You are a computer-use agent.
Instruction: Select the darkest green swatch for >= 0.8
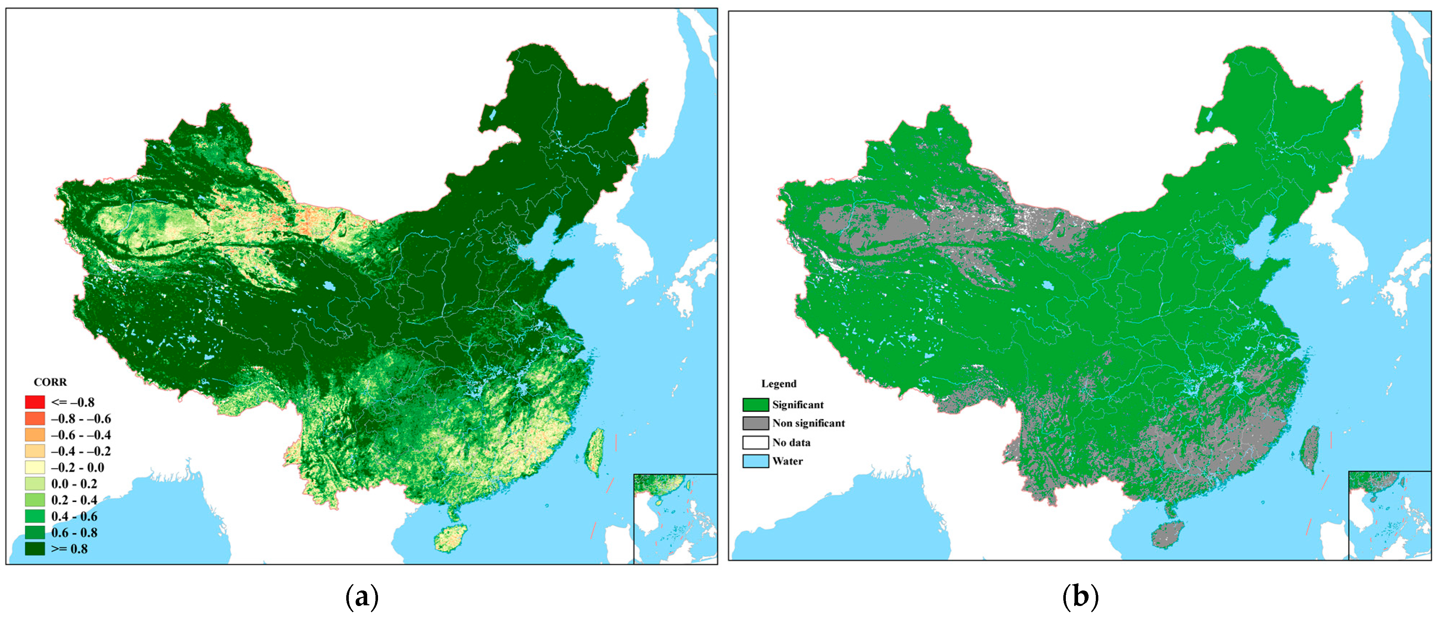pyautogui.click(x=35, y=549)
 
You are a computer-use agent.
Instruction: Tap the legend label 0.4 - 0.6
pyautogui.click(x=74, y=516)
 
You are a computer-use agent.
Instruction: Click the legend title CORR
pyautogui.click(x=50, y=382)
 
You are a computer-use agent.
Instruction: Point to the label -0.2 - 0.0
pyautogui.click(x=78, y=467)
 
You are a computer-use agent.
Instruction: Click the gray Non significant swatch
pyautogui.click(x=755, y=423)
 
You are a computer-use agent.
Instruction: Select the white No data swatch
pyautogui.click(x=755, y=442)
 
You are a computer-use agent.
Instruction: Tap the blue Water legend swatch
pyautogui.click(x=755, y=461)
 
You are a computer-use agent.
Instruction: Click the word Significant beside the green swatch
pyautogui.click(x=798, y=405)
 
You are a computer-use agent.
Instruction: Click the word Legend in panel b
pyautogui.click(x=779, y=384)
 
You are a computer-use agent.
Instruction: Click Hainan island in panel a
pyautogui.click(x=451, y=538)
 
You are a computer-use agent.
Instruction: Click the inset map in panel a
pyautogui.click(x=675, y=519)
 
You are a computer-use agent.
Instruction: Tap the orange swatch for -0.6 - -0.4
pyautogui.click(x=35, y=435)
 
